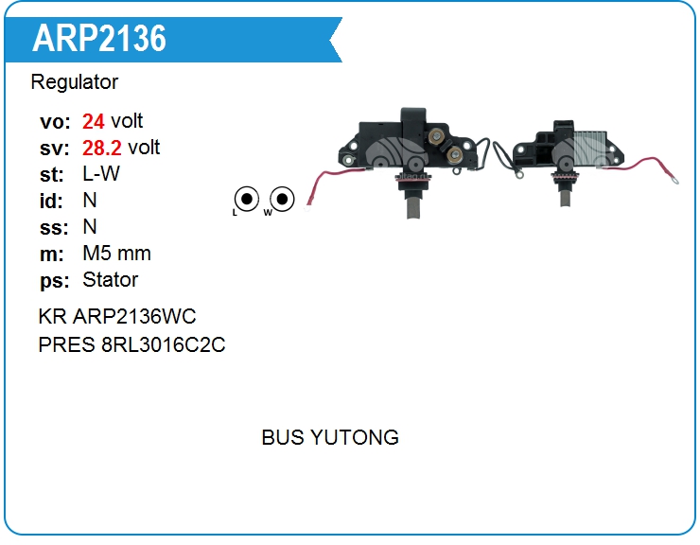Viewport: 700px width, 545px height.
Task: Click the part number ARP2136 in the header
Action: pyautogui.click(x=99, y=38)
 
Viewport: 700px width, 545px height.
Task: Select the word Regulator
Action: pyautogui.click(x=75, y=82)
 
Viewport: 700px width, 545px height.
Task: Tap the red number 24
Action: pyautogui.click(x=94, y=121)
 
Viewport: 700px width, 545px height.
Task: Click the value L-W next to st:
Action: pyautogui.click(x=101, y=174)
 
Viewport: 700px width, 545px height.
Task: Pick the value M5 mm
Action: pyautogui.click(x=116, y=254)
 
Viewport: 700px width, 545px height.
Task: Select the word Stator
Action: pyautogui.click(x=110, y=280)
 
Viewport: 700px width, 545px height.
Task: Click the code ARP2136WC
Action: pyautogui.click(x=134, y=317)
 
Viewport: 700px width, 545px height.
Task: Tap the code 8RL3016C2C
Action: pyautogui.click(x=162, y=344)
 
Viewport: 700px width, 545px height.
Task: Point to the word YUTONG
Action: pyautogui.click(x=355, y=437)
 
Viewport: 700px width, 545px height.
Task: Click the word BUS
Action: pyautogui.click(x=283, y=437)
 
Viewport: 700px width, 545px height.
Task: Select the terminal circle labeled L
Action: pyautogui.click(x=246, y=199)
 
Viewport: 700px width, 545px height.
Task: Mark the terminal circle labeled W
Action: pyautogui.click(x=281, y=199)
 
